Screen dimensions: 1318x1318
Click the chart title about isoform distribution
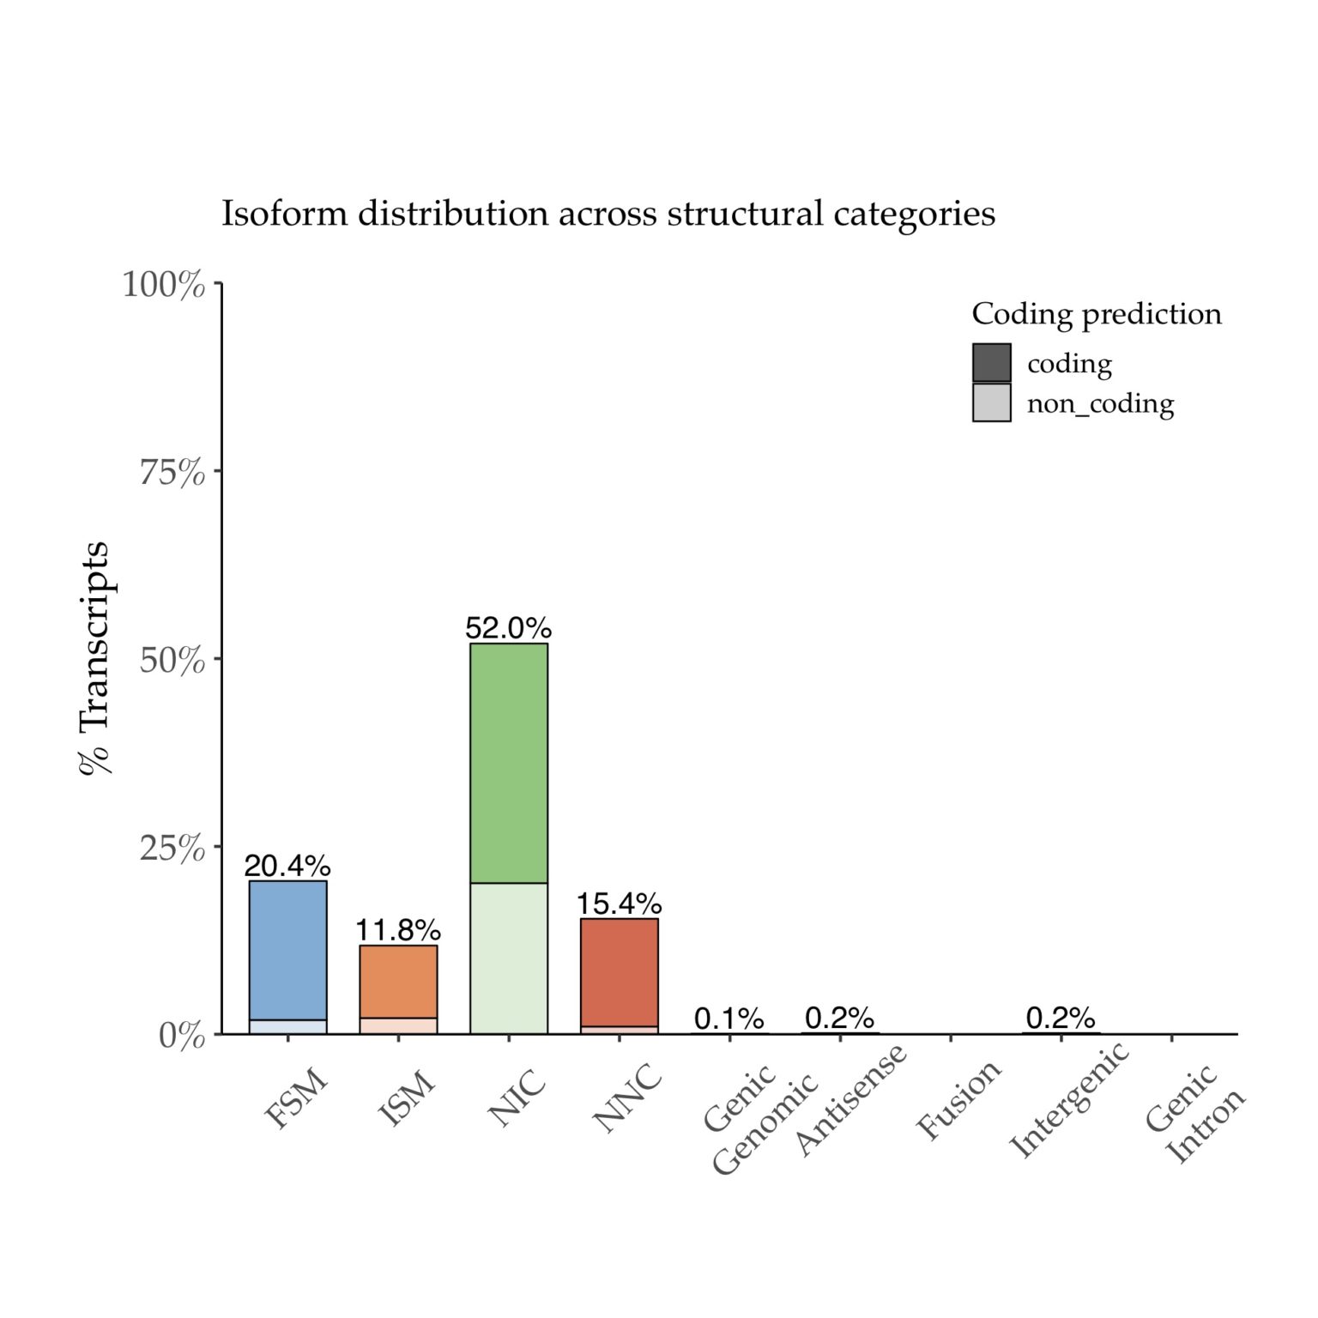click(608, 213)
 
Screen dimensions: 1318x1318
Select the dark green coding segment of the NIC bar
click(509, 763)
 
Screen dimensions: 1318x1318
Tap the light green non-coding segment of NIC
click(509, 958)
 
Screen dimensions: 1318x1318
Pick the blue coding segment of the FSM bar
click(287, 950)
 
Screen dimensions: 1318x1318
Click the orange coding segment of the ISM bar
click(398, 982)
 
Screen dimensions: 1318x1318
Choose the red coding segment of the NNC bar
click(620, 972)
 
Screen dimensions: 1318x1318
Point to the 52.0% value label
click(508, 628)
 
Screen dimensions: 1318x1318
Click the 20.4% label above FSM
click(287, 866)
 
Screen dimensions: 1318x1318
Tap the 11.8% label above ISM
click(398, 930)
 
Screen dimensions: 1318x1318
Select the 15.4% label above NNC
click(619, 904)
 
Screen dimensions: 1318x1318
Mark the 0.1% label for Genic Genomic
click(729, 1019)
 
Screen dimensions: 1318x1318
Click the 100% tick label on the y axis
click(164, 285)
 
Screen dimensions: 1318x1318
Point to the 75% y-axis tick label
click(172, 472)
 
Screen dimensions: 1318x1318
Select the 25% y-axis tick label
click(172, 848)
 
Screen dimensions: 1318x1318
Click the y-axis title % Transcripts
click(94, 658)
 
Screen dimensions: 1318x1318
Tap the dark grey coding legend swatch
click(991, 362)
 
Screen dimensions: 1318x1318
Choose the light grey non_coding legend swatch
click(991, 402)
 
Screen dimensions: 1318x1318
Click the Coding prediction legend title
click(1097, 314)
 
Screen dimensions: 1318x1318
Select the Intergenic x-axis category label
click(1069, 1101)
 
